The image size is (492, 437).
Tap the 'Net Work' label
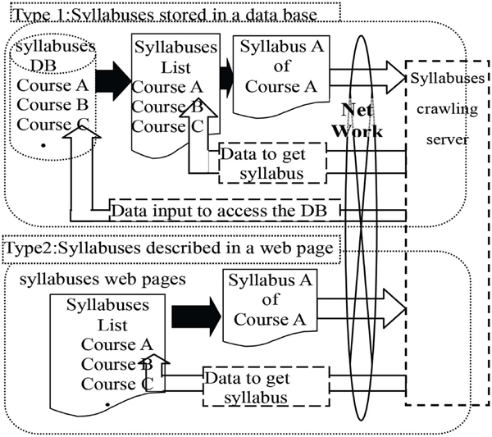(x=358, y=121)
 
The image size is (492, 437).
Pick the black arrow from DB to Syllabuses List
(x=113, y=81)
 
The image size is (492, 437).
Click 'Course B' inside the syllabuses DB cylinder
(x=52, y=105)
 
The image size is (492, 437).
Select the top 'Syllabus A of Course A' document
(x=281, y=75)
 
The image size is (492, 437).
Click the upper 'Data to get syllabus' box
(x=272, y=163)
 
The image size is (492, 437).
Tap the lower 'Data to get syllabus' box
(x=266, y=386)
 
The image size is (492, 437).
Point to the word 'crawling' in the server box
(x=447, y=110)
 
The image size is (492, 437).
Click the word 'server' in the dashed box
(x=447, y=139)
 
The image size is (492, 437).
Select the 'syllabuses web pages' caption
(x=102, y=280)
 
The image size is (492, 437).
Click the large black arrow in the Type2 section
(x=197, y=316)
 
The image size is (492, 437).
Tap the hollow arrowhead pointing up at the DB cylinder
(x=82, y=132)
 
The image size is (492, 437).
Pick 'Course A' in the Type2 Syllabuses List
(x=116, y=344)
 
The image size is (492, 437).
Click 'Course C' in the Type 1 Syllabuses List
(x=167, y=127)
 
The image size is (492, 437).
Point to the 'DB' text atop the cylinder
(x=43, y=66)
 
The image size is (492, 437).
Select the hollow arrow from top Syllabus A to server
(x=367, y=77)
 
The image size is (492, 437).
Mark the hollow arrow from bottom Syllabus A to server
(x=362, y=309)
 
